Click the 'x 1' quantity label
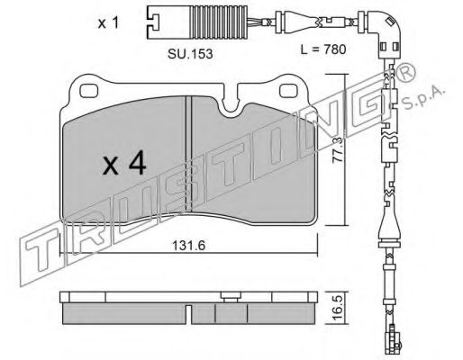coord(108,23)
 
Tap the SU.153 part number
coord(190,54)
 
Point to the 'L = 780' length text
coord(323,49)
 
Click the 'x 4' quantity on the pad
coord(124,163)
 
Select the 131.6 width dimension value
coord(188,246)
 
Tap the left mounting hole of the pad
coord(89,91)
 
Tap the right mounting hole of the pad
coord(288,91)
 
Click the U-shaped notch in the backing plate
coord(231,105)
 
